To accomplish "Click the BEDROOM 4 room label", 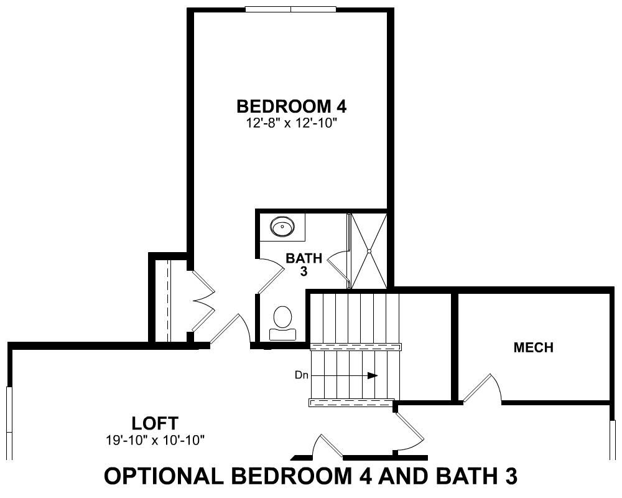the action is click(x=292, y=106).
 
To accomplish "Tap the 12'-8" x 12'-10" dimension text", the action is click(x=292, y=123).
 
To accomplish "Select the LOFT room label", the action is click(x=155, y=423).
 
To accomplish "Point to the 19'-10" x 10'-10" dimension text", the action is click(x=155, y=439).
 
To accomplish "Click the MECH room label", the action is click(x=534, y=347).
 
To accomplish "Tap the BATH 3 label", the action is click(x=304, y=265).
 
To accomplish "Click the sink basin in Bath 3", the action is click(x=282, y=227).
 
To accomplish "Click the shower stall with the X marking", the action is click(x=369, y=251).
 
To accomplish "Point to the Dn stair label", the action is click(x=302, y=375).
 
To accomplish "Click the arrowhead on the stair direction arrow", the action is click(x=372, y=375).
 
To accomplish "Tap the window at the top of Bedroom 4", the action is click(x=290, y=9).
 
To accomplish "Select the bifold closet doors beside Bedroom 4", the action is click(x=203, y=301).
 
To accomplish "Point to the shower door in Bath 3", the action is click(x=338, y=266).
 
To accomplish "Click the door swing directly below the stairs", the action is click(x=411, y=431).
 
